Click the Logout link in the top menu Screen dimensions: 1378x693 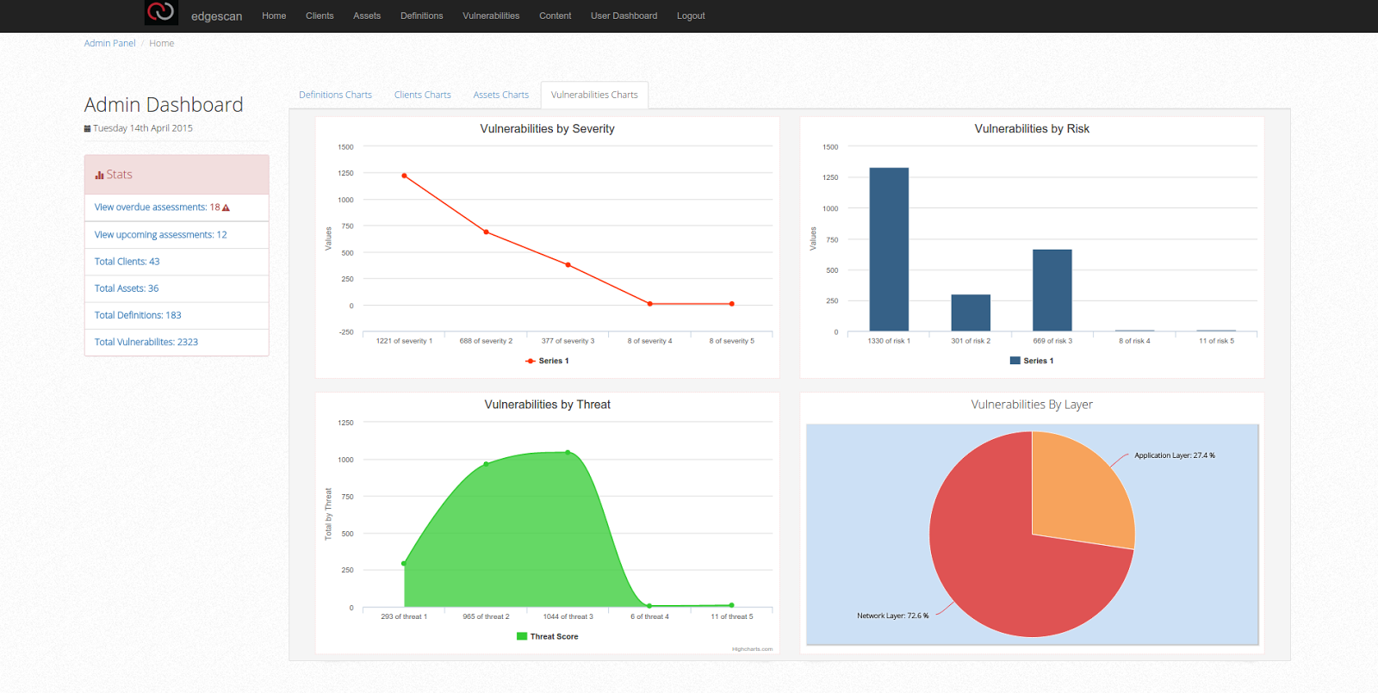coord(690,16)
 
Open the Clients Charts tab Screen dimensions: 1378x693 coord(422,95)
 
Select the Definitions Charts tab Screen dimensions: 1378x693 coord(335,95)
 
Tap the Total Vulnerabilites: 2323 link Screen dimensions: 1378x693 coord(146,342)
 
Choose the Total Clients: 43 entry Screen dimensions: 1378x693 coord(127,262)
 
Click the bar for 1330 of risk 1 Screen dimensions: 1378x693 coord(889,250)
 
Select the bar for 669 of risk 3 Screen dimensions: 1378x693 coord(1052,290)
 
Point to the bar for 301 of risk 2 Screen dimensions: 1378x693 coord(971,313)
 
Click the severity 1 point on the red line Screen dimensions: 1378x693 coord(404,176)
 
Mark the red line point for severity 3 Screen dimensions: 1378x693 coord(568,265)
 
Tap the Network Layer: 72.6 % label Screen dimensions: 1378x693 coord(892,616)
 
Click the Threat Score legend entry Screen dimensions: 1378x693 coord(548,636)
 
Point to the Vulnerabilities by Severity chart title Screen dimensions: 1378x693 coord(547,128)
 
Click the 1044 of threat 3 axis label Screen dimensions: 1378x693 coord(568,616)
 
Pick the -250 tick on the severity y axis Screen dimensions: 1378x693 coord(347,332)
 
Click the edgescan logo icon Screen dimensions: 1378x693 coord(161,12)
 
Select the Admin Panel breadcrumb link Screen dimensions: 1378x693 coord(109,43)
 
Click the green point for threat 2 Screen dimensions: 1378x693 coord(486,464)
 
